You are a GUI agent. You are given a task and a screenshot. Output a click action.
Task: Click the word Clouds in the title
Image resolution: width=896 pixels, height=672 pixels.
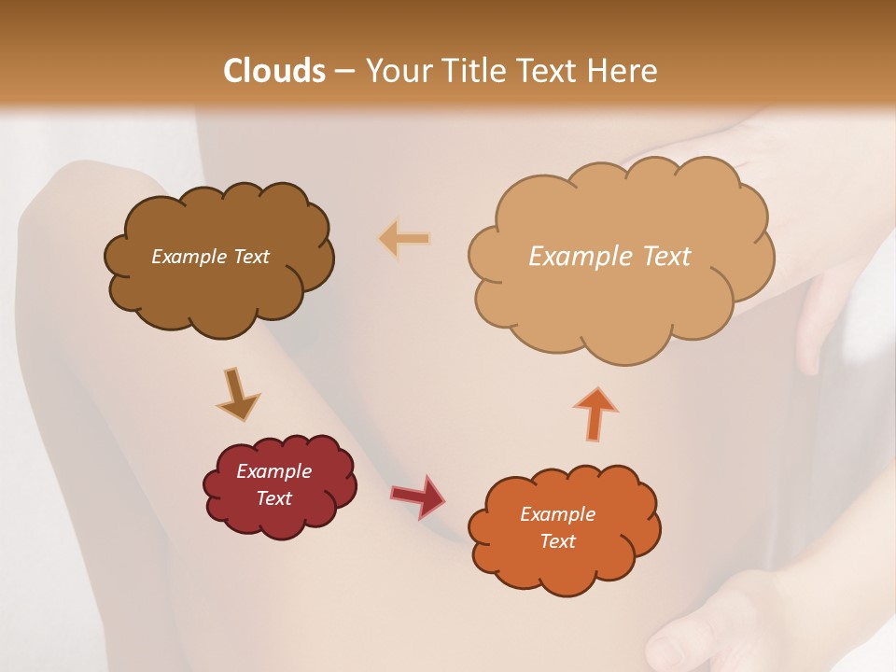click(274, 71)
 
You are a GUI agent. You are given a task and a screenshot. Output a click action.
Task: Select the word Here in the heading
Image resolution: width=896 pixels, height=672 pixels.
click(622, 71)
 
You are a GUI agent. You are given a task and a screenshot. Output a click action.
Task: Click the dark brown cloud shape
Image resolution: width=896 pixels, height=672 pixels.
click(218, 299)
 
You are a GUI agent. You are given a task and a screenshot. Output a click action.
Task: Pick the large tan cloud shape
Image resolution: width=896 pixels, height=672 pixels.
click(620, 308)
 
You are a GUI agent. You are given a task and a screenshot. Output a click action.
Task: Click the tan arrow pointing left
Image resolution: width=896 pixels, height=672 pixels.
click(404, 239)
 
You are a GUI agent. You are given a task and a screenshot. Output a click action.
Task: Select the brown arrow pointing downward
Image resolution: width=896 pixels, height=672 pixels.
click(238, 393)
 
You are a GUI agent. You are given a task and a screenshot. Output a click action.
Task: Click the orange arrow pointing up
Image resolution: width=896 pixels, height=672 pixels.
click(594, 413)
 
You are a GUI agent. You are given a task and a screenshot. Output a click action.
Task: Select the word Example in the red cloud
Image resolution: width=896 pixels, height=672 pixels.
click(274, 471)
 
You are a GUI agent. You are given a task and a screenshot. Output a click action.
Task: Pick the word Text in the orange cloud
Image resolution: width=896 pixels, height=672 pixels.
click(557, 541)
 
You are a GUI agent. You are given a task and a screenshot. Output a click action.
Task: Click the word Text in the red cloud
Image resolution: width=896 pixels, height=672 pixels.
click(274, 498)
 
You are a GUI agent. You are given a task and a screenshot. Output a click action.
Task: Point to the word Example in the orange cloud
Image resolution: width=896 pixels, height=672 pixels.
click(557, 514)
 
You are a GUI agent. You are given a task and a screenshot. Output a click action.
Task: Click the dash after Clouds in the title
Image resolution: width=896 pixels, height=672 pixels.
click(344, 71)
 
